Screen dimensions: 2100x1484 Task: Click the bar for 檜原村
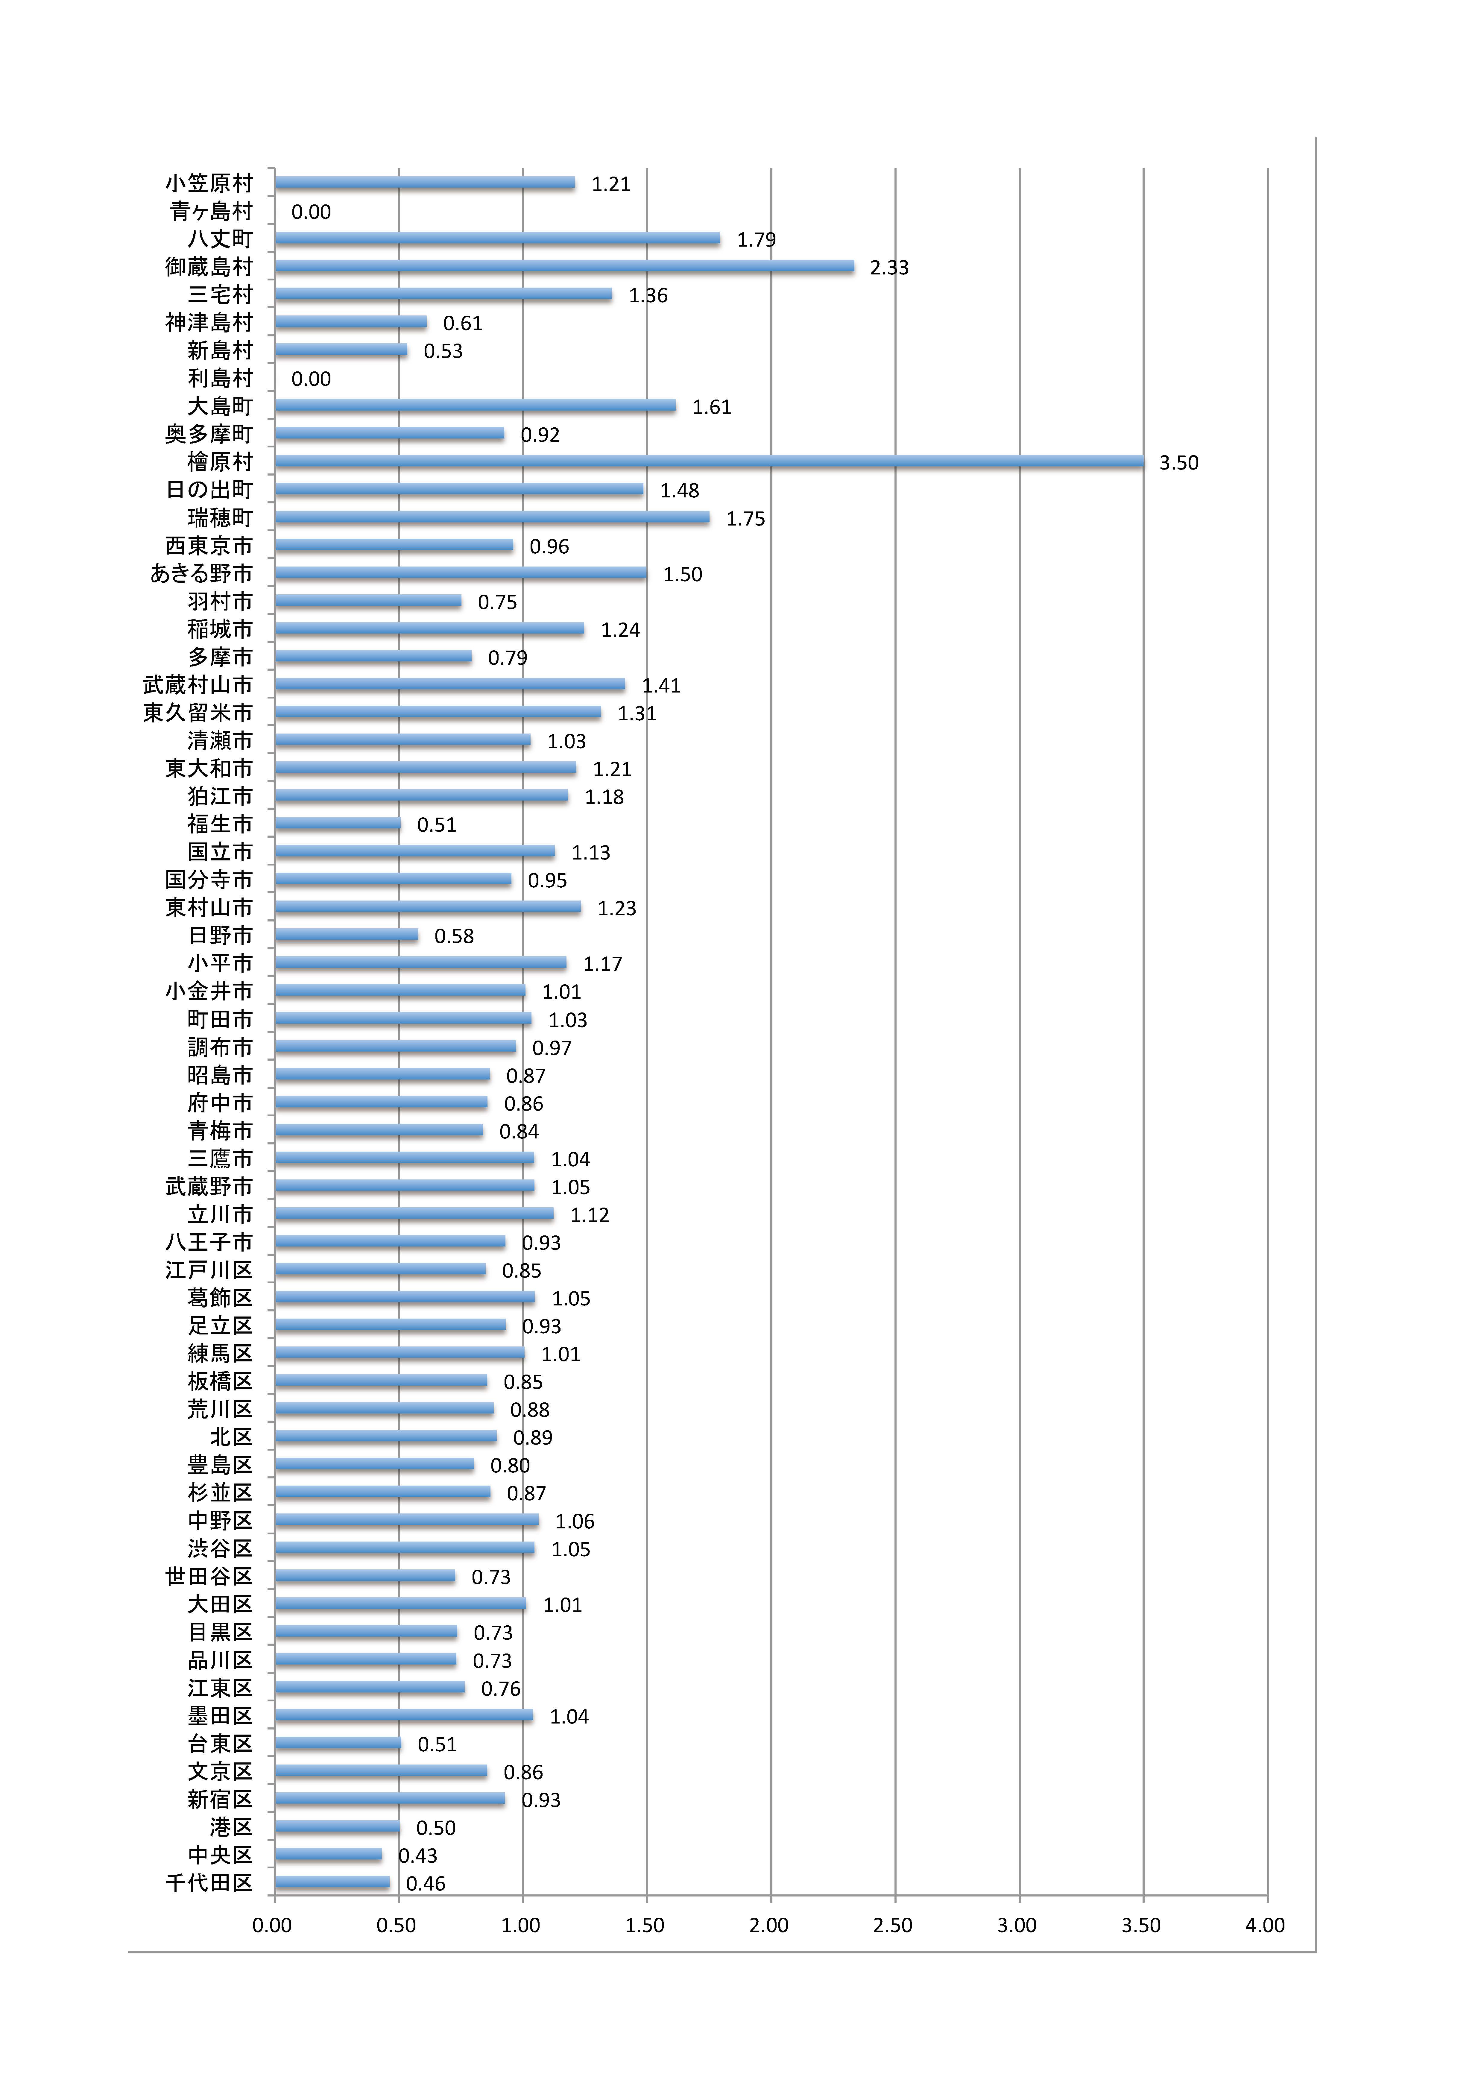709,462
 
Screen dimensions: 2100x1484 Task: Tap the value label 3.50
1178,463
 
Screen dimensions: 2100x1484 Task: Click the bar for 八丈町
496,239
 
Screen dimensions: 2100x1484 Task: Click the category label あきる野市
201,573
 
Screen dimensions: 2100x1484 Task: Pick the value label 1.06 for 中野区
574,1521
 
